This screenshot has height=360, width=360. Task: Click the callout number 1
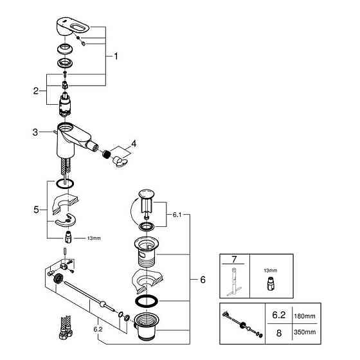pos(116,56)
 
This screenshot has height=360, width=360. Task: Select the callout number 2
pos(37,91)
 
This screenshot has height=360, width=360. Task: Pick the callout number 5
pos(37,210)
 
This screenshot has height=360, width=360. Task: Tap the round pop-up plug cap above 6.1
pos(146,194)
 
